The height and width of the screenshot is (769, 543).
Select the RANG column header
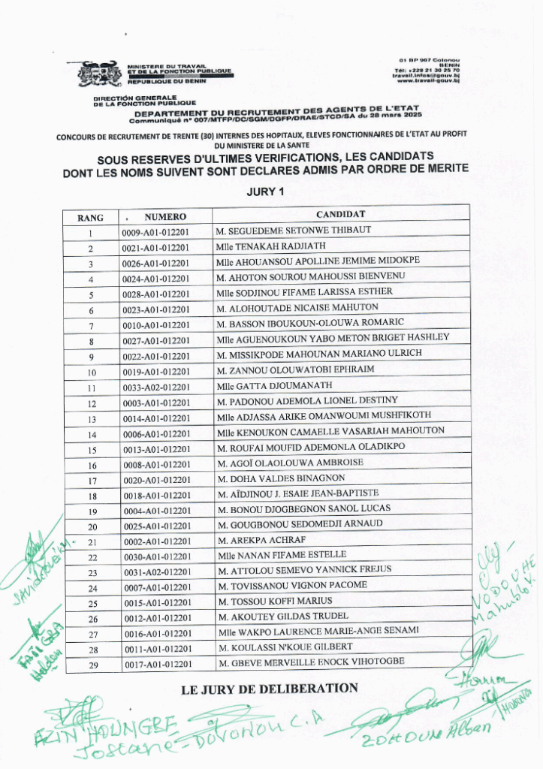(x=90, y=218)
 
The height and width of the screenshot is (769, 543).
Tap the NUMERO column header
(x=165, y=217)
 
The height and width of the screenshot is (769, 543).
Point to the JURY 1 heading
(x=266, y=191)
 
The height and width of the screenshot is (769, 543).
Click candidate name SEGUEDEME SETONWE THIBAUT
(x=294, y=230)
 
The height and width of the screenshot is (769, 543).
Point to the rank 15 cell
(x=92, y=450)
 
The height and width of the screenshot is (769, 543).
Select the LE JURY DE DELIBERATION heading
(x=270, y=688)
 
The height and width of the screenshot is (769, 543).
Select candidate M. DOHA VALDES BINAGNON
(x=281, y=478)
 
